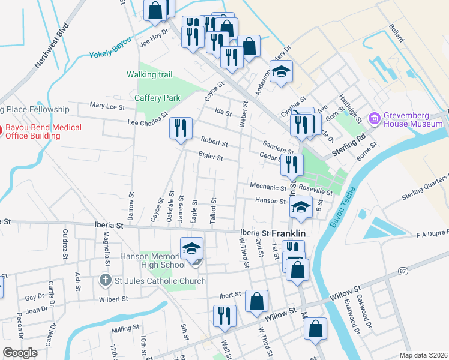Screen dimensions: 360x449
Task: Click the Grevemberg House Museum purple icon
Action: (376, 119)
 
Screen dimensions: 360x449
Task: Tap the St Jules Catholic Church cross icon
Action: (105, 280)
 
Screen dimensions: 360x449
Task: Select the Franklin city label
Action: (289, 233)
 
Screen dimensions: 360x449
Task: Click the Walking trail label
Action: (149, 74)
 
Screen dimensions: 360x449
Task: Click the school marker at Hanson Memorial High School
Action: (192, 249)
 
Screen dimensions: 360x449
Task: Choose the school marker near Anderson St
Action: (280, 72)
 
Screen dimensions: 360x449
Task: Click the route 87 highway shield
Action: (402, 272)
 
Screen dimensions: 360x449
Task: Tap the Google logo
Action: (20, 352)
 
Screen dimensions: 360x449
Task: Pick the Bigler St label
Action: (211, 158)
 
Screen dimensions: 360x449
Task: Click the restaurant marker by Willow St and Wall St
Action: (224, 316)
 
